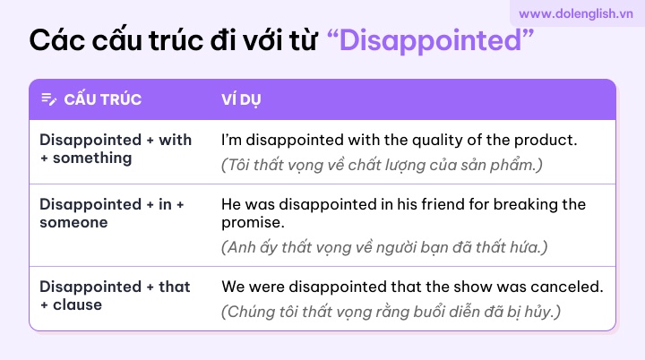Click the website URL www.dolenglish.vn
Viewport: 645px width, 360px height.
point(576,13)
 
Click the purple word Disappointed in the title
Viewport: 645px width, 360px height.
point(430,40)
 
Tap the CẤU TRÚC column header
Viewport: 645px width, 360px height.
point(103,99)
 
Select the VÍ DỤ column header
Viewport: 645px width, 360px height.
point(241,99)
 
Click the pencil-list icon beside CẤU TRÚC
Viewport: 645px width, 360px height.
point(49,99)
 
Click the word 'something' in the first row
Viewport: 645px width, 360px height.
point(92,158)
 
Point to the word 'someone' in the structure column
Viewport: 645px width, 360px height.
point(73,223)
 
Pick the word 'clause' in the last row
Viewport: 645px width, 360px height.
point(77,304)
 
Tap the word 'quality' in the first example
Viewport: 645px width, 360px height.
point(437,141)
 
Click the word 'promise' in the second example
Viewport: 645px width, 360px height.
point(251,223)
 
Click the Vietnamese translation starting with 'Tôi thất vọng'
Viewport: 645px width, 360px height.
point(382,165)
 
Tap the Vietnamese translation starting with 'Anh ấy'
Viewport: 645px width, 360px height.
point(384,247)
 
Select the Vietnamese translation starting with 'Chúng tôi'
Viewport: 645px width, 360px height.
point(391,312)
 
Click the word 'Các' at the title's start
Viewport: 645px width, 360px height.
point(56,40)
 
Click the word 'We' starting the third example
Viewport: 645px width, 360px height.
point(233,287)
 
